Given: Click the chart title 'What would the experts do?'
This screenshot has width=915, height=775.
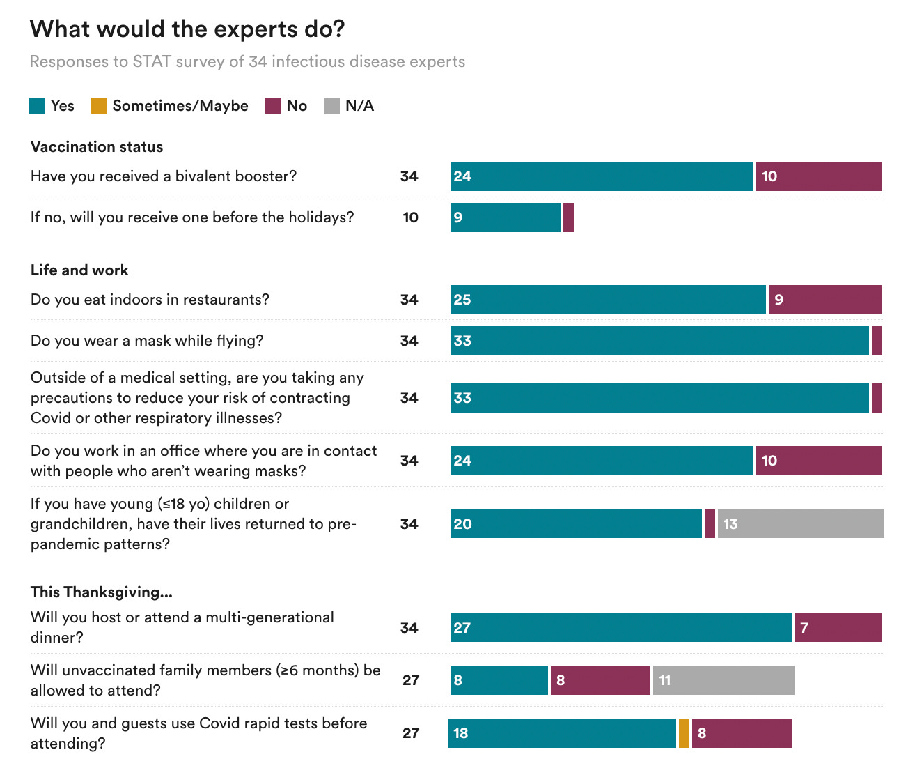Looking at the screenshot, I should click(187, 29).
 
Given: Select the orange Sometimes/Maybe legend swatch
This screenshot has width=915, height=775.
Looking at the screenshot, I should click(99, 106).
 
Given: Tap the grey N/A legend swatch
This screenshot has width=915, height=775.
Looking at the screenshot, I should click(332, 106).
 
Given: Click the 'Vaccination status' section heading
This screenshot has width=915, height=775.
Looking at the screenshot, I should click(97, 147).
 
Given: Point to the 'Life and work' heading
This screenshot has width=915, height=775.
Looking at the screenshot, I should click(79, 270).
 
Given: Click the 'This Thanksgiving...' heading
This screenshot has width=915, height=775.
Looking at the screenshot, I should click(102, 592).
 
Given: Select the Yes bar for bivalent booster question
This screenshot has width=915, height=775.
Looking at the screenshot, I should click(602, 176).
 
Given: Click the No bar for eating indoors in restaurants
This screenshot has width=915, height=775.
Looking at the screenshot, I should click(825, 300).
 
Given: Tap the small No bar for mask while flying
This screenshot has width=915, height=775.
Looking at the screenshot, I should click(877, 341).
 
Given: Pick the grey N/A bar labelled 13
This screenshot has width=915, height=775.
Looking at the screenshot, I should click(801, 524).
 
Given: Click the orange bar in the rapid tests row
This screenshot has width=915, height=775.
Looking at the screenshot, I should click(684, 733).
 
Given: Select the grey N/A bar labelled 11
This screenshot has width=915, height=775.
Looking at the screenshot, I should click(724, 680).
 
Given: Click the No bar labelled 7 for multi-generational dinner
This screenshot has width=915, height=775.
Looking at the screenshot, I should click(838, 628).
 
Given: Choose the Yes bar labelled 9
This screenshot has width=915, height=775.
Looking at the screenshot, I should click(506, 217).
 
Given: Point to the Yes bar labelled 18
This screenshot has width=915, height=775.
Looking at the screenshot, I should click(562, 733).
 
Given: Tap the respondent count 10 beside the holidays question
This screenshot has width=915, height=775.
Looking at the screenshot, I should click(411, 217).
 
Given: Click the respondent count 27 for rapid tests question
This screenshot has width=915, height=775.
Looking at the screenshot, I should click(411, 733).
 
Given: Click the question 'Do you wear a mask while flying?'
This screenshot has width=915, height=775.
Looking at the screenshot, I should click(147, 341).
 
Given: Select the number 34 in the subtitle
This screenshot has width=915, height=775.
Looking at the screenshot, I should click(258, 61).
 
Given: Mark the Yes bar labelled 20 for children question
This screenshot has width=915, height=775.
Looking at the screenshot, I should click(576, 524).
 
